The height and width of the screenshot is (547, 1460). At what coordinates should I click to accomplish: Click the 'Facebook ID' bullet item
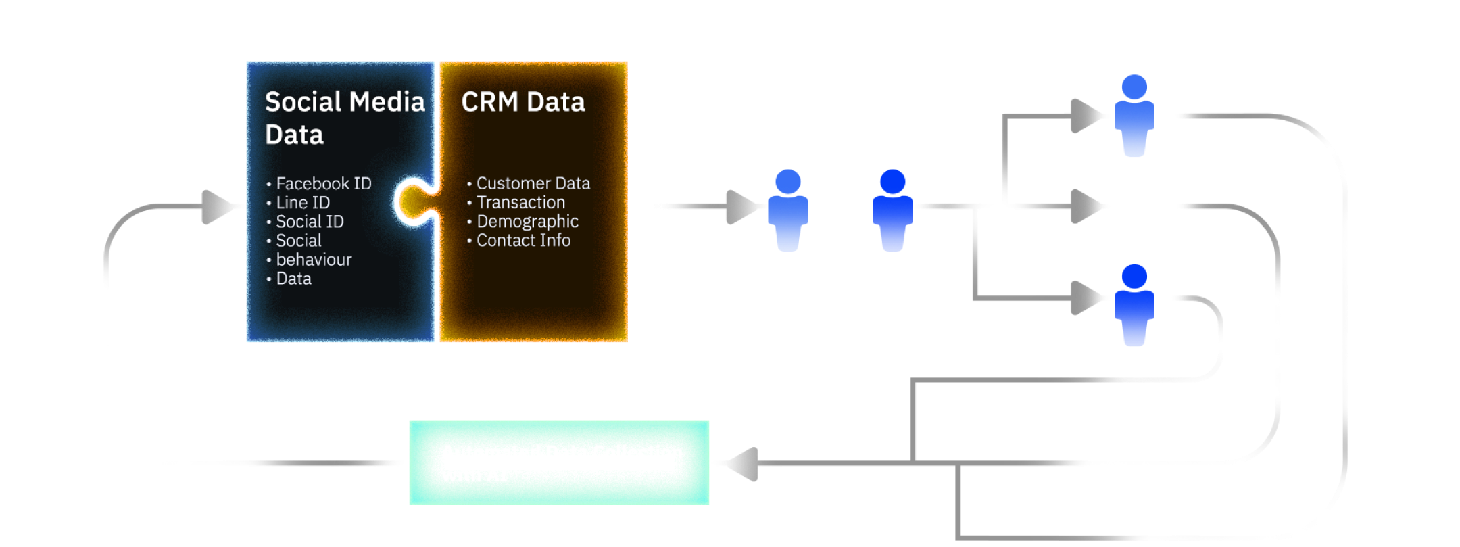coord(323,183)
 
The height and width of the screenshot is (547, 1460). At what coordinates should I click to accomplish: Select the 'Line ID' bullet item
coord(302,202)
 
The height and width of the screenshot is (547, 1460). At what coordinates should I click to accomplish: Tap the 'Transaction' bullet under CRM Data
coord(520,202)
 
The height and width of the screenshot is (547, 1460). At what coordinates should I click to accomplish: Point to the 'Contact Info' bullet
coord(523,240)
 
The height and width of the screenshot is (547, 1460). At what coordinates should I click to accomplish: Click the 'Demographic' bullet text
coord(527,221)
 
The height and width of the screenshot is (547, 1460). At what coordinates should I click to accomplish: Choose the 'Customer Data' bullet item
coord(533,183)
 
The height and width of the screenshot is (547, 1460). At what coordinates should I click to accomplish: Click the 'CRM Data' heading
coord(522,102)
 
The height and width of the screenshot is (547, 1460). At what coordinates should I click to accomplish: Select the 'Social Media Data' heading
coord(344,118)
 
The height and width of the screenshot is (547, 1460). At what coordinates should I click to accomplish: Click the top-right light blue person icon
coord(1134,116)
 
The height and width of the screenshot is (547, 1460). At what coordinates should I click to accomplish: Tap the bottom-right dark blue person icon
coord(1134,305)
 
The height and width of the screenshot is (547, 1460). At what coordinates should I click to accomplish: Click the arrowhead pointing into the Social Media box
coord(218,206)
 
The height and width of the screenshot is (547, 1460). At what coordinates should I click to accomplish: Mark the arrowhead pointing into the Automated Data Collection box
coord(742,464)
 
